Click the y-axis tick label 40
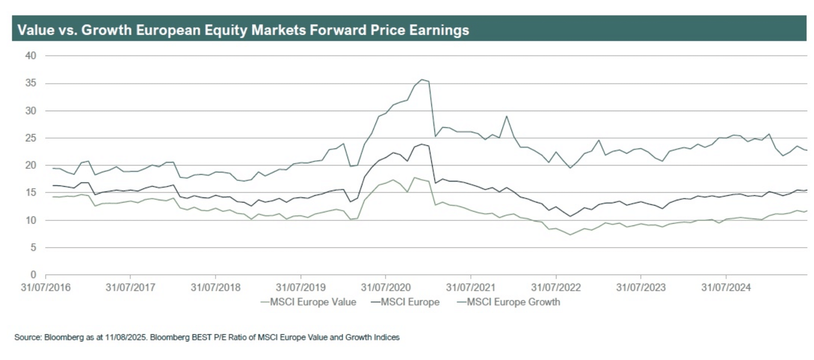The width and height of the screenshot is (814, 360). [x=31, y=56]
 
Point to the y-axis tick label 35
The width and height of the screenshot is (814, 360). [x=31, y=83]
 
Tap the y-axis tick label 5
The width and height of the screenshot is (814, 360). [x=33, y=247]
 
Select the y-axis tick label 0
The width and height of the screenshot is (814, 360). [x=33, y=274]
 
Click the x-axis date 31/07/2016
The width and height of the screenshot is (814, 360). [x=45, y=288]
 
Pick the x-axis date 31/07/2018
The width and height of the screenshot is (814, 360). [x=216, y=288]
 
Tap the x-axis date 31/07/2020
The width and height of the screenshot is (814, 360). [x=386, y=288]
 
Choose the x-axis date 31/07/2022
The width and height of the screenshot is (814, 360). [x=556, y=288]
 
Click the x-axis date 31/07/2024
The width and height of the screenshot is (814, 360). [x=726, y=288]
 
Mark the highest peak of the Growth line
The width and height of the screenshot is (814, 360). [x=422, y=80]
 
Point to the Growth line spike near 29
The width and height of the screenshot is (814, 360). [x=506, y=116]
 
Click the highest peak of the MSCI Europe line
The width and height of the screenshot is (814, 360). [x=422, y=144]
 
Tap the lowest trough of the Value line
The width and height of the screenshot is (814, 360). [x=570, y=234]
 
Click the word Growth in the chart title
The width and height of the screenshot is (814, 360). [x=107, y=30]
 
